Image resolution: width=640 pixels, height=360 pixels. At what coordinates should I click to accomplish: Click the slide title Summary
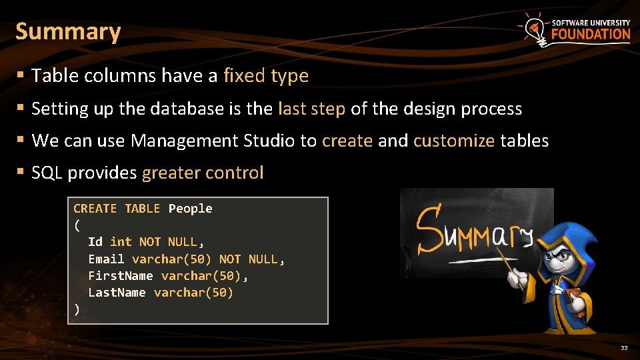(68, 31)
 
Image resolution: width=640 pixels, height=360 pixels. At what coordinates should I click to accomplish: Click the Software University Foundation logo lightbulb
(533, 29)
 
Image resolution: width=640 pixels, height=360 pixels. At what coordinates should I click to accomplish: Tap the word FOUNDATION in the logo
(591, 34)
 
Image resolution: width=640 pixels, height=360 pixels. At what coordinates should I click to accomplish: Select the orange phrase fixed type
(266, 76)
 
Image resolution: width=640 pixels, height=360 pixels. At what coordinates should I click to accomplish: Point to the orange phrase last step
(311, 109)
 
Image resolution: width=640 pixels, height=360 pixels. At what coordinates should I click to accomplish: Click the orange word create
(347, 141)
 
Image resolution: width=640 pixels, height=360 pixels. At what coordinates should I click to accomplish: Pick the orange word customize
(454, 141)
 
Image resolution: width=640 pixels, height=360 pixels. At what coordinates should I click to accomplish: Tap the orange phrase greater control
(203, 173)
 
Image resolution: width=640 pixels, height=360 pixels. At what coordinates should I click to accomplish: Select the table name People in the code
(190, 209)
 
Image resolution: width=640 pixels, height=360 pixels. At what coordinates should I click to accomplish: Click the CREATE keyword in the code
(95, 209)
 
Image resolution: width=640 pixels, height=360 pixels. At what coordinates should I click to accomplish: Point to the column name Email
(106, 259)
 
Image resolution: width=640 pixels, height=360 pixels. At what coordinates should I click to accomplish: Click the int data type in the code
(121, 242)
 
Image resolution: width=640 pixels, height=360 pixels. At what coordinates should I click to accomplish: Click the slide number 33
(624, 348)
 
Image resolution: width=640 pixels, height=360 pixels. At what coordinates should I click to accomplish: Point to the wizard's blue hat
(567, 236)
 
